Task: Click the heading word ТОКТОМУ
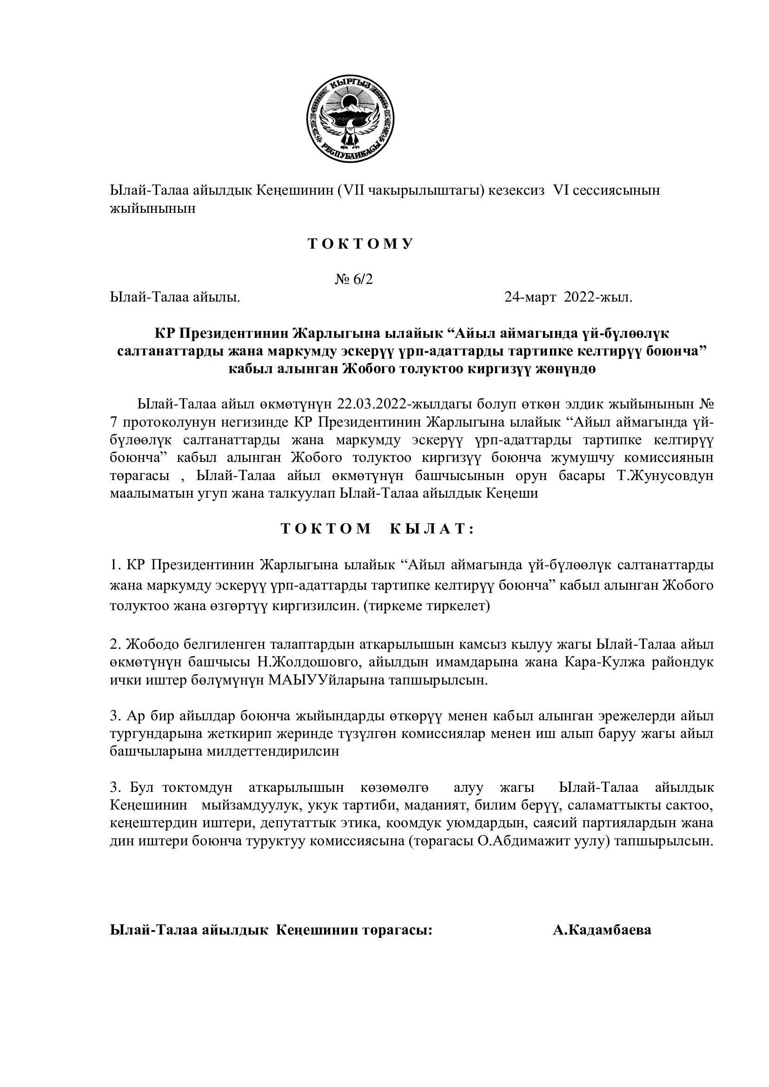361,244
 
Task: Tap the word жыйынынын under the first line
152,209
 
